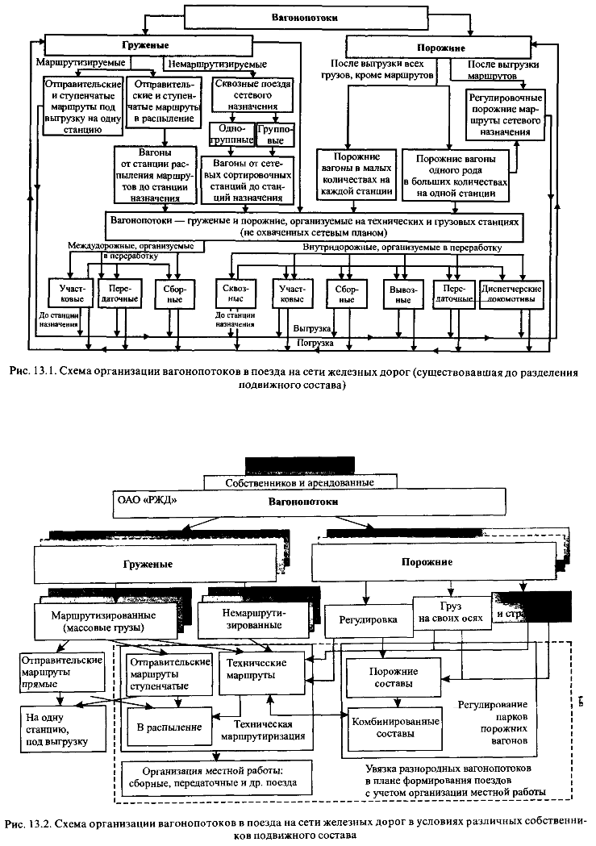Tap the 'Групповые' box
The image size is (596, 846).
(274, 135)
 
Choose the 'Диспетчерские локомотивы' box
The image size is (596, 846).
(511, 294)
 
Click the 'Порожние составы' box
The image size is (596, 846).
(393, 677)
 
